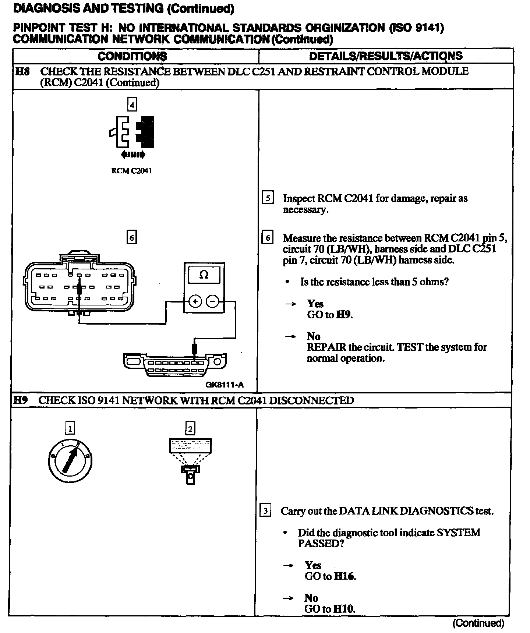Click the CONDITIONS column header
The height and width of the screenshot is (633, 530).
tap(132, 56)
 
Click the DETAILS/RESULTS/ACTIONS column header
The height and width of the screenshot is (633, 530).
tap(385, 56)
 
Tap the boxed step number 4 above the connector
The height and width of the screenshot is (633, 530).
tap(132, 105)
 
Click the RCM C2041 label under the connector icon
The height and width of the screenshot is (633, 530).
tap(131, 171)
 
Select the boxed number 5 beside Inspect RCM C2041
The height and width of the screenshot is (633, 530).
tap(268, 198)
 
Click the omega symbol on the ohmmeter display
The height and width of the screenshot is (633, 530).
tap(204, 275)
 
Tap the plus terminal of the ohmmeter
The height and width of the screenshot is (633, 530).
tap(195, 301)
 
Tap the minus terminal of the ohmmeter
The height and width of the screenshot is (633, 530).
tap(212, 301)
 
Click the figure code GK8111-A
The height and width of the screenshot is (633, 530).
tap(225, 385)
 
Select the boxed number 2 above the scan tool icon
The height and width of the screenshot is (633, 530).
tap(190, 428)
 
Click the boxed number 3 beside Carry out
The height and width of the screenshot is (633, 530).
tap(265, 511)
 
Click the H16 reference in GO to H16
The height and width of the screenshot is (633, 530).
tap(344, 576)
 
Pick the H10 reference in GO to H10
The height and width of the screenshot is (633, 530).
tap(344, 609)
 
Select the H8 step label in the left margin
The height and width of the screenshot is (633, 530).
tap(22, 71)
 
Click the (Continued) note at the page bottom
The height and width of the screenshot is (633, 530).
tap(478, 623)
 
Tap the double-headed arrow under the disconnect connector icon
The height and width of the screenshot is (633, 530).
tap(132, 155)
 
